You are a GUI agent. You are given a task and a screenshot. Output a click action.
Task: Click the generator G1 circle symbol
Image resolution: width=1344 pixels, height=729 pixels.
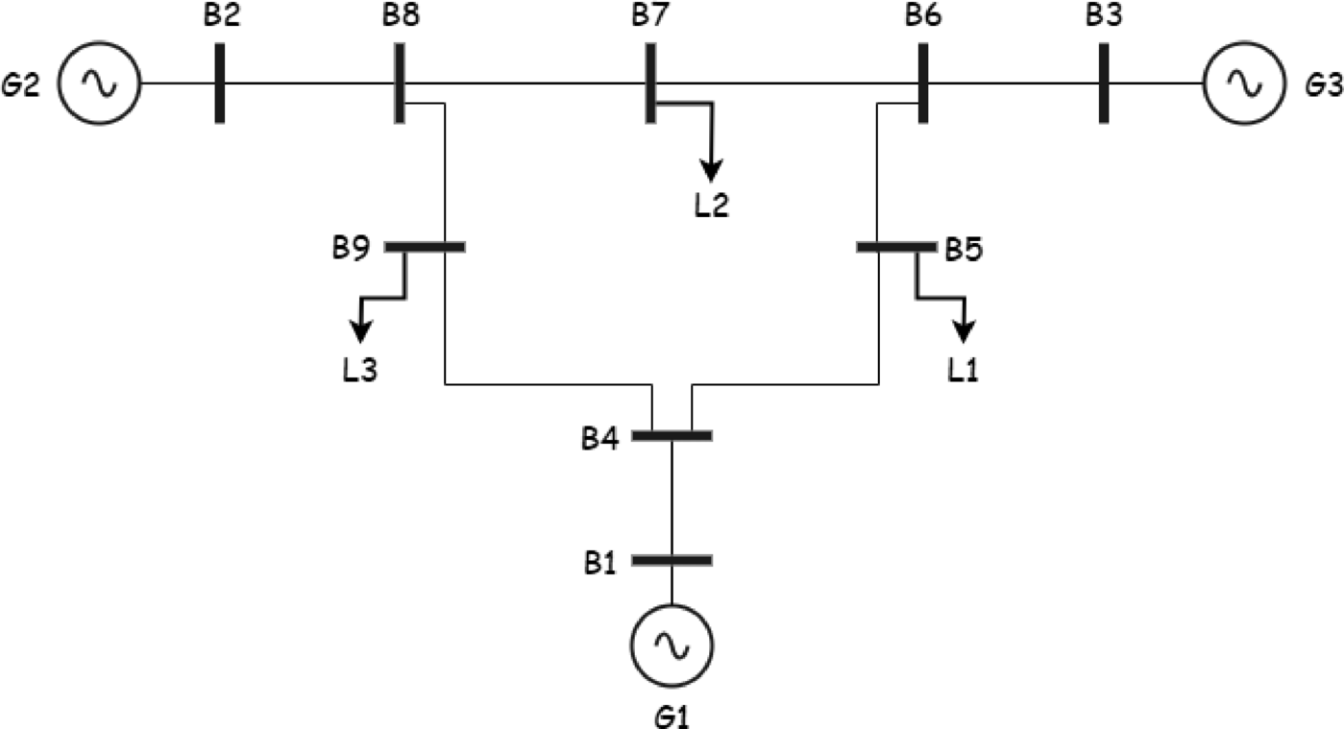pos(672,644)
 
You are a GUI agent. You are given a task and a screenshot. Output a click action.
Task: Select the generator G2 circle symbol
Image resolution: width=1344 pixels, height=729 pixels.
pos(99,84)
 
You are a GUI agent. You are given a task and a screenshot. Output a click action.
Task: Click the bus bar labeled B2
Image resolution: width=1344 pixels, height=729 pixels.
pos(221,84)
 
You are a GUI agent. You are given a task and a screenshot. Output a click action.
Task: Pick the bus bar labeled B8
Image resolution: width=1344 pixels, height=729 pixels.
pos(399,84)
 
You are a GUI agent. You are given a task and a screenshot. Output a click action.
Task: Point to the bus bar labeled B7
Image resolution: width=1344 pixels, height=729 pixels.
pos(650,84)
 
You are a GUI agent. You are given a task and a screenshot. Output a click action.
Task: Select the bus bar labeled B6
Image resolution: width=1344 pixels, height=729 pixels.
pos(922,84)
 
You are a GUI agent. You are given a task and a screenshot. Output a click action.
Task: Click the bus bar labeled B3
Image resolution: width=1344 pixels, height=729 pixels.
pos(1103,84)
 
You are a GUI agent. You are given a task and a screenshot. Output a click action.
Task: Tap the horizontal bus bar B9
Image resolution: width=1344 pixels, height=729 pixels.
pos(426,247)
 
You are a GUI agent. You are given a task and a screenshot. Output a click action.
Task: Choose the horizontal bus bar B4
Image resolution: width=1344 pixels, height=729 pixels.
pos(672,435)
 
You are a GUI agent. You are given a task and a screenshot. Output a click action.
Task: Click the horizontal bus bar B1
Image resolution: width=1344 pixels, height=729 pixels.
pos(672,559)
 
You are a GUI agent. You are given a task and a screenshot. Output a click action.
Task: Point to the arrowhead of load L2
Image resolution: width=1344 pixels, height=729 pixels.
pos(711,170)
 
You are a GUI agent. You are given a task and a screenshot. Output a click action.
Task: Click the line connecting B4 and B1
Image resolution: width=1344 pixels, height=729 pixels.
pos(672,498)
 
